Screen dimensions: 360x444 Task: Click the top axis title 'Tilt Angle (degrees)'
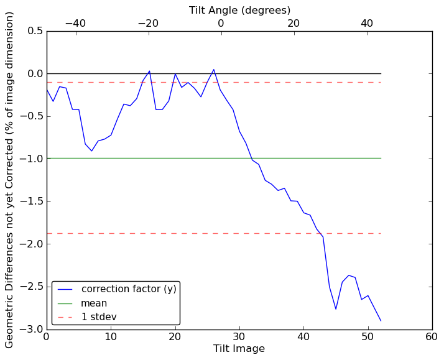[239, 10]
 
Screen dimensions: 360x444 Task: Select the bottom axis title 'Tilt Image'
[239, 349]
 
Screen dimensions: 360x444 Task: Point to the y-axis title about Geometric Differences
[10, 180]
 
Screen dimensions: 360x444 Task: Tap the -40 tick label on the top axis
[75, 23]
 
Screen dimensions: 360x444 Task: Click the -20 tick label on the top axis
[148, 23]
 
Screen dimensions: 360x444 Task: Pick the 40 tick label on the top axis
[366, 23]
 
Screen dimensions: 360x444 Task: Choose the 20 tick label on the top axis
[294, 23]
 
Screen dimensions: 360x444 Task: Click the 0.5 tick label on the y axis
[35, 31]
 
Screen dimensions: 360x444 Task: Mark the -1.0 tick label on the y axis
[32, 159]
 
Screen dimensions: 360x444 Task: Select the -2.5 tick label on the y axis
[32, 287]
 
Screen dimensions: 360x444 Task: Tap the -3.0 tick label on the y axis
[32, 329]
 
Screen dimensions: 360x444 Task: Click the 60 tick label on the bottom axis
[432, 337]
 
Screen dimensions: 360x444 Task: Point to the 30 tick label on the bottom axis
[239, 337]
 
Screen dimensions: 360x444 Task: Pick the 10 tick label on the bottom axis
[111, 337]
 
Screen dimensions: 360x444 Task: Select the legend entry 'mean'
[94, 303]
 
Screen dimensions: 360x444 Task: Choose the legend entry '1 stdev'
[99, 317]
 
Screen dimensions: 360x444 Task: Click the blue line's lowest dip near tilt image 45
[336, 309]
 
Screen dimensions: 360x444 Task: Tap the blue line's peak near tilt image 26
[214, 70]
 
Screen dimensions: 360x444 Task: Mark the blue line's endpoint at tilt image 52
[381, 321]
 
